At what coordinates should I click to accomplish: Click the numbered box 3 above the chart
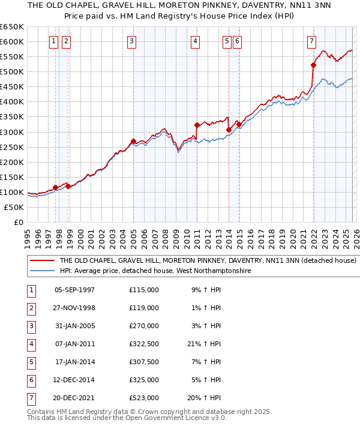point(131,41)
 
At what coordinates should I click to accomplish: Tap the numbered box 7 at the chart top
point(311,41)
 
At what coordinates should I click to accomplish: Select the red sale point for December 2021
point(313,65)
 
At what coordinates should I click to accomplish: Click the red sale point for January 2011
point(197,125)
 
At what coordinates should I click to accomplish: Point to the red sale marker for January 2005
point(133,141)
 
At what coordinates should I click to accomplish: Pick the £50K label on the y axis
point(14,207)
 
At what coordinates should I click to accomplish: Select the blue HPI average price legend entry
point(155,271)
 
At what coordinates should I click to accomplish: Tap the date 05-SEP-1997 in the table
point(75,290)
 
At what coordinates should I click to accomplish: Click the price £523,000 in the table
point(144,398)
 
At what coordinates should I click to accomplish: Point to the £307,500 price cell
point(144,362)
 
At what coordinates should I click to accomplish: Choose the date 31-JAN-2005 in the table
point(75,326)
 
